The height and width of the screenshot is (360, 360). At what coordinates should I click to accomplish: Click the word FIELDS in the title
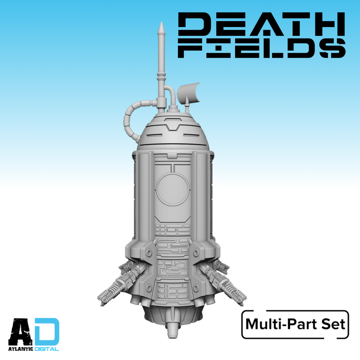[262, 48]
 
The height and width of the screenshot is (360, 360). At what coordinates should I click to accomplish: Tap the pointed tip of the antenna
[161, 22]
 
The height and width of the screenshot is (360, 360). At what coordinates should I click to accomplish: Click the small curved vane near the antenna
[189, 92]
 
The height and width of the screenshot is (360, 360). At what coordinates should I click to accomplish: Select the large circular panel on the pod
[173, 190]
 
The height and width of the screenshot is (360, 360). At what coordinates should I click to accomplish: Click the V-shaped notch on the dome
[173, 126]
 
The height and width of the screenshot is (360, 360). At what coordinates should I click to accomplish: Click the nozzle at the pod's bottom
[172, 330]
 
